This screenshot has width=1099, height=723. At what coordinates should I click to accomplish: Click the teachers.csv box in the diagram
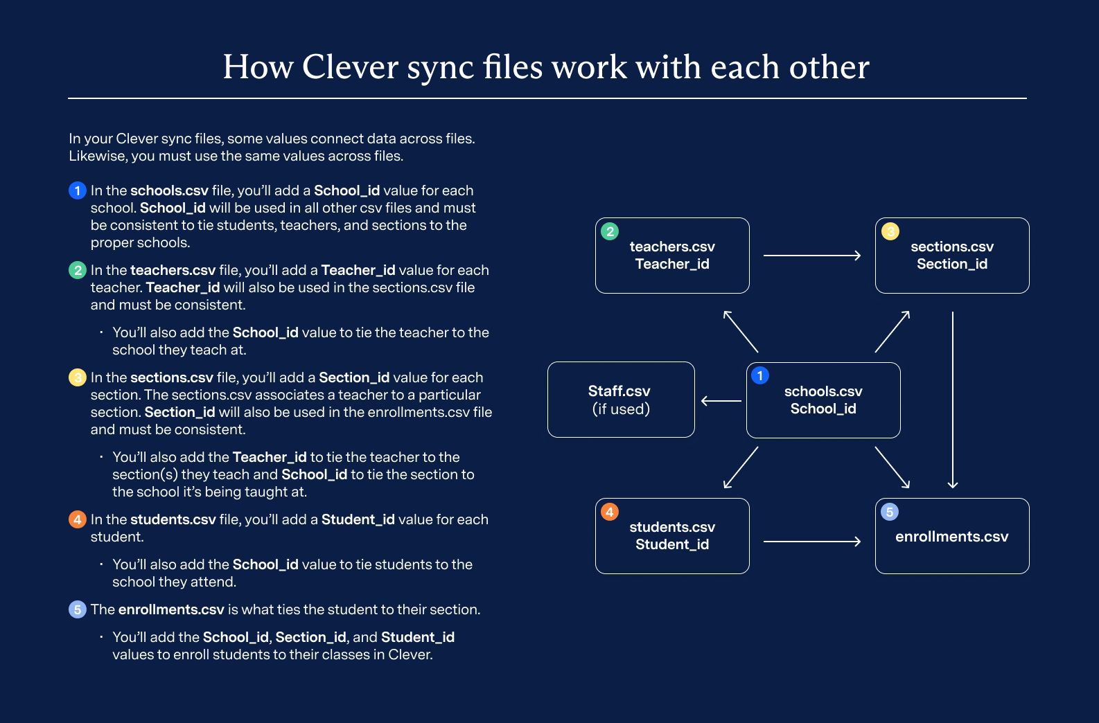(x=672, y=256)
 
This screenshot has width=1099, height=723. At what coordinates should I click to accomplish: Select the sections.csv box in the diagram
(x=952, y=256)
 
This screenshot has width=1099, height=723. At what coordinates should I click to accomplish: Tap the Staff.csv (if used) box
(x=621, y=400)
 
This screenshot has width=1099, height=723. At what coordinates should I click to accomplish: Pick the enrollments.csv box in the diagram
(x=952, y=536)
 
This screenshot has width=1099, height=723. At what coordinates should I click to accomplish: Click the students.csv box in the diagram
(x=672, y=536)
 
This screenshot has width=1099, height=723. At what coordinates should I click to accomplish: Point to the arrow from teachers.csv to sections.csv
(x=811, y=256)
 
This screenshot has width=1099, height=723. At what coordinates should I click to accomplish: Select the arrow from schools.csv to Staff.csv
(x=721, y=400)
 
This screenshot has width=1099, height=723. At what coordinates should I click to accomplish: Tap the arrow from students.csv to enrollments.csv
(x=811, y=542)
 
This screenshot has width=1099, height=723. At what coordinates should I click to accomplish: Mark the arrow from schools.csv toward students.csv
(x=741, y=467)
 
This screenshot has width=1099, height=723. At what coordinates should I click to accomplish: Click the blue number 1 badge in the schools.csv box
(x=760, y=375)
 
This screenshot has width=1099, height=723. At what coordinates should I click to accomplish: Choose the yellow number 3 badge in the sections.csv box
(x=890, y=231)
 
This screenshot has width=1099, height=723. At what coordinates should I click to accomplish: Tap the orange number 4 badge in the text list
(x=78, y=519)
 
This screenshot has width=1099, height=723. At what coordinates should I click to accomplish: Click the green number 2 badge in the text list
(x=78, y=270)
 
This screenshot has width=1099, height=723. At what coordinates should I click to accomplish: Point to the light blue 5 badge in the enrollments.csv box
(x=890, y=512)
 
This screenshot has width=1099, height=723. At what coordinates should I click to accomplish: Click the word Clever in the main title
(x=350, y=67)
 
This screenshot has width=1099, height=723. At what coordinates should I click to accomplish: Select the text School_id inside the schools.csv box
(x=823, y=409)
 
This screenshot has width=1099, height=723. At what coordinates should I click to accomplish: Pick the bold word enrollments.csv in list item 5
(x=171, y=609)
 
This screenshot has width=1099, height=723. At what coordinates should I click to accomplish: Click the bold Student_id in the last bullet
(x=418, y=637)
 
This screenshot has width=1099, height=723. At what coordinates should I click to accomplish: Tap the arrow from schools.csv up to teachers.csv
(x=741, y=332)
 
